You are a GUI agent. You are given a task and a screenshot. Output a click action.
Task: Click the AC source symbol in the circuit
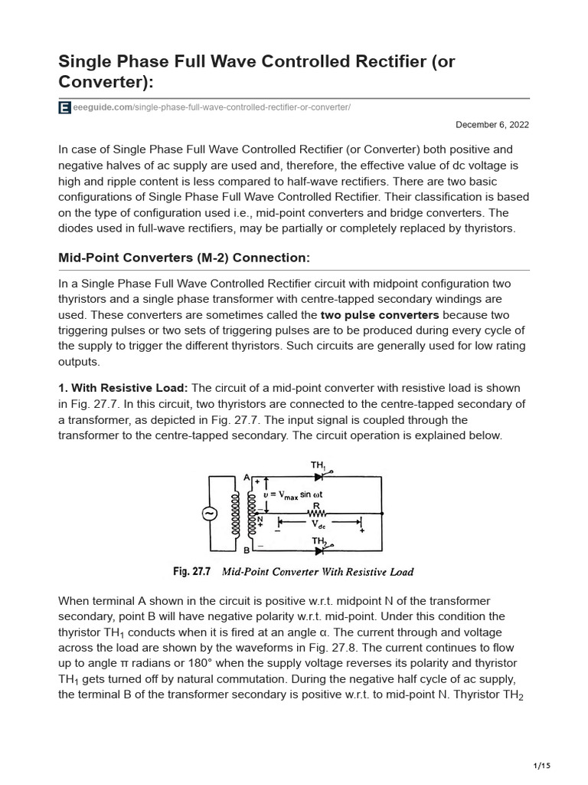209,514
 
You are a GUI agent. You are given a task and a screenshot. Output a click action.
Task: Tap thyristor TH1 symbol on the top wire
318,476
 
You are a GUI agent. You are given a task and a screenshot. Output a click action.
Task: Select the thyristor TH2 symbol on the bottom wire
318,550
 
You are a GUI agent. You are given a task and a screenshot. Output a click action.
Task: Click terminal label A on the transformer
247,477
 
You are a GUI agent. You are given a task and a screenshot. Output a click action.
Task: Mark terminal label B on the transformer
247,550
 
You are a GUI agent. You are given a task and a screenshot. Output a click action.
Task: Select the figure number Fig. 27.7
191,572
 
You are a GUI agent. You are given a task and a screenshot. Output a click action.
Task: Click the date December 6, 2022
492,124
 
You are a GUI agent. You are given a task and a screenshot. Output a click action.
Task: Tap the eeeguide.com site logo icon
64,108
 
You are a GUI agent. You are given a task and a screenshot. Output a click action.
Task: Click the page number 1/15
541,765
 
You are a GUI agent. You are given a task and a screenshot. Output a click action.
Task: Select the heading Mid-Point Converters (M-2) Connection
184,258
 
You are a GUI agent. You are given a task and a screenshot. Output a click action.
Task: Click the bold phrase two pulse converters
380,314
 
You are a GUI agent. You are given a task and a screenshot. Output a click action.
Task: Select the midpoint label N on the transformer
260,519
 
